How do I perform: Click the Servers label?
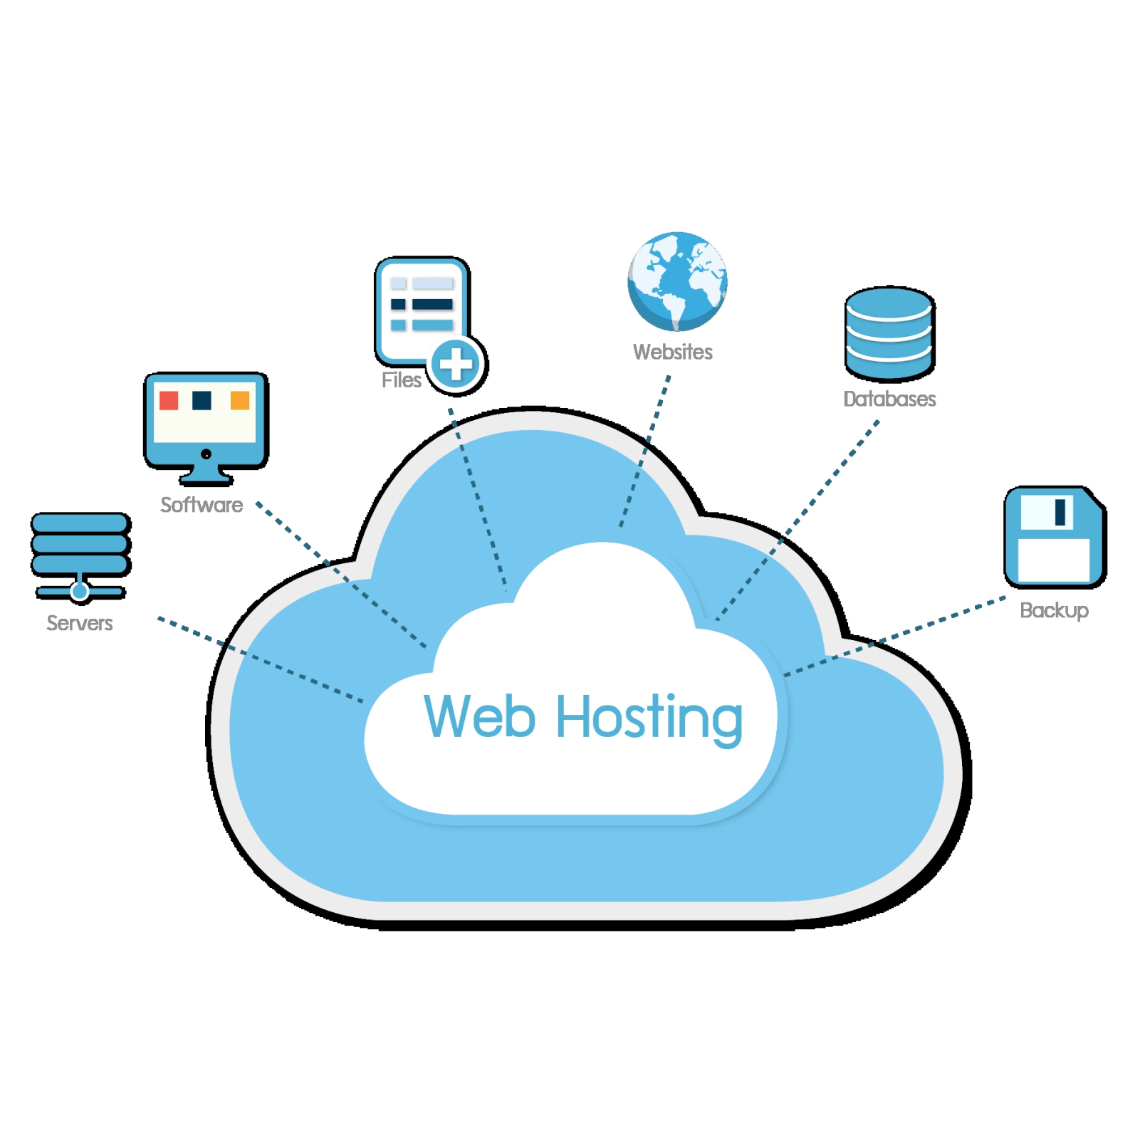79,623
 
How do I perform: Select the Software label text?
202,505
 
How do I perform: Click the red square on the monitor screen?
169,400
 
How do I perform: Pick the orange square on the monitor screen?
240,400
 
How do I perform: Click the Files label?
401,380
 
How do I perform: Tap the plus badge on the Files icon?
456,365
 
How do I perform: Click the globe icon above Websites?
677,281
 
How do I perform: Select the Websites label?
672,352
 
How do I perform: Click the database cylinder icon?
889,333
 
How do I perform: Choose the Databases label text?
889,399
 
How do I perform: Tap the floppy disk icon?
1054,537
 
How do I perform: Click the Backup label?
1054,610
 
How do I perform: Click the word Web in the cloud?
479,716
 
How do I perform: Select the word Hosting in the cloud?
649,718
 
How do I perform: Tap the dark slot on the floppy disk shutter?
1060,511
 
